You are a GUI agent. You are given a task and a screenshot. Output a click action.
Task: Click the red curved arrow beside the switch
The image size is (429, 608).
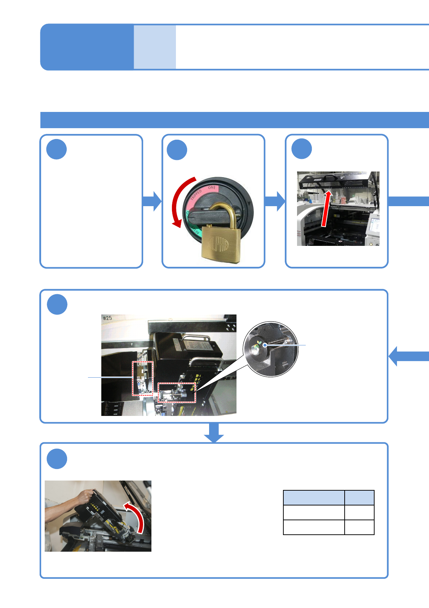tap(179, 202)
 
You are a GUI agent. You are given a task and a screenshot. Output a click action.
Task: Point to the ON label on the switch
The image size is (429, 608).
tap(211, 188)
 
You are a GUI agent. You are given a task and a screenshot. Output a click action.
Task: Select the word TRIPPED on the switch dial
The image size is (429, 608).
tap(196, 194)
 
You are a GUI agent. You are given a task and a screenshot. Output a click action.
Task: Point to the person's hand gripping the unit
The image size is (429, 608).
tap(87, 496)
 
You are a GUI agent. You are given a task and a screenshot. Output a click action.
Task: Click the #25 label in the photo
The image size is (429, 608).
tap(107, 318)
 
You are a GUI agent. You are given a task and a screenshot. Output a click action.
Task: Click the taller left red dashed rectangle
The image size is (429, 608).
tap(142, 378)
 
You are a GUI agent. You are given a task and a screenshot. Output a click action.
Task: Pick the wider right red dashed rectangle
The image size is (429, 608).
tap(177, 392)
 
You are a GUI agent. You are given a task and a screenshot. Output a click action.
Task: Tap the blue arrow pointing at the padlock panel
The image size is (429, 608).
tap(152, 201)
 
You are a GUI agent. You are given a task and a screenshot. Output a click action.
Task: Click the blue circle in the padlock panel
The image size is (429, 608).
tap(177, 150)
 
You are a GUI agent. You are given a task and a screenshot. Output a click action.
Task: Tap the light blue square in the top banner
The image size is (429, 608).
tap(155, 47)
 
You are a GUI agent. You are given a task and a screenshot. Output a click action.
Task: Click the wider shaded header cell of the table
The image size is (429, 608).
tap(314, 498)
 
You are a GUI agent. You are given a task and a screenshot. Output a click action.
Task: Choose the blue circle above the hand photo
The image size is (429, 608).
tap(57, 459)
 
